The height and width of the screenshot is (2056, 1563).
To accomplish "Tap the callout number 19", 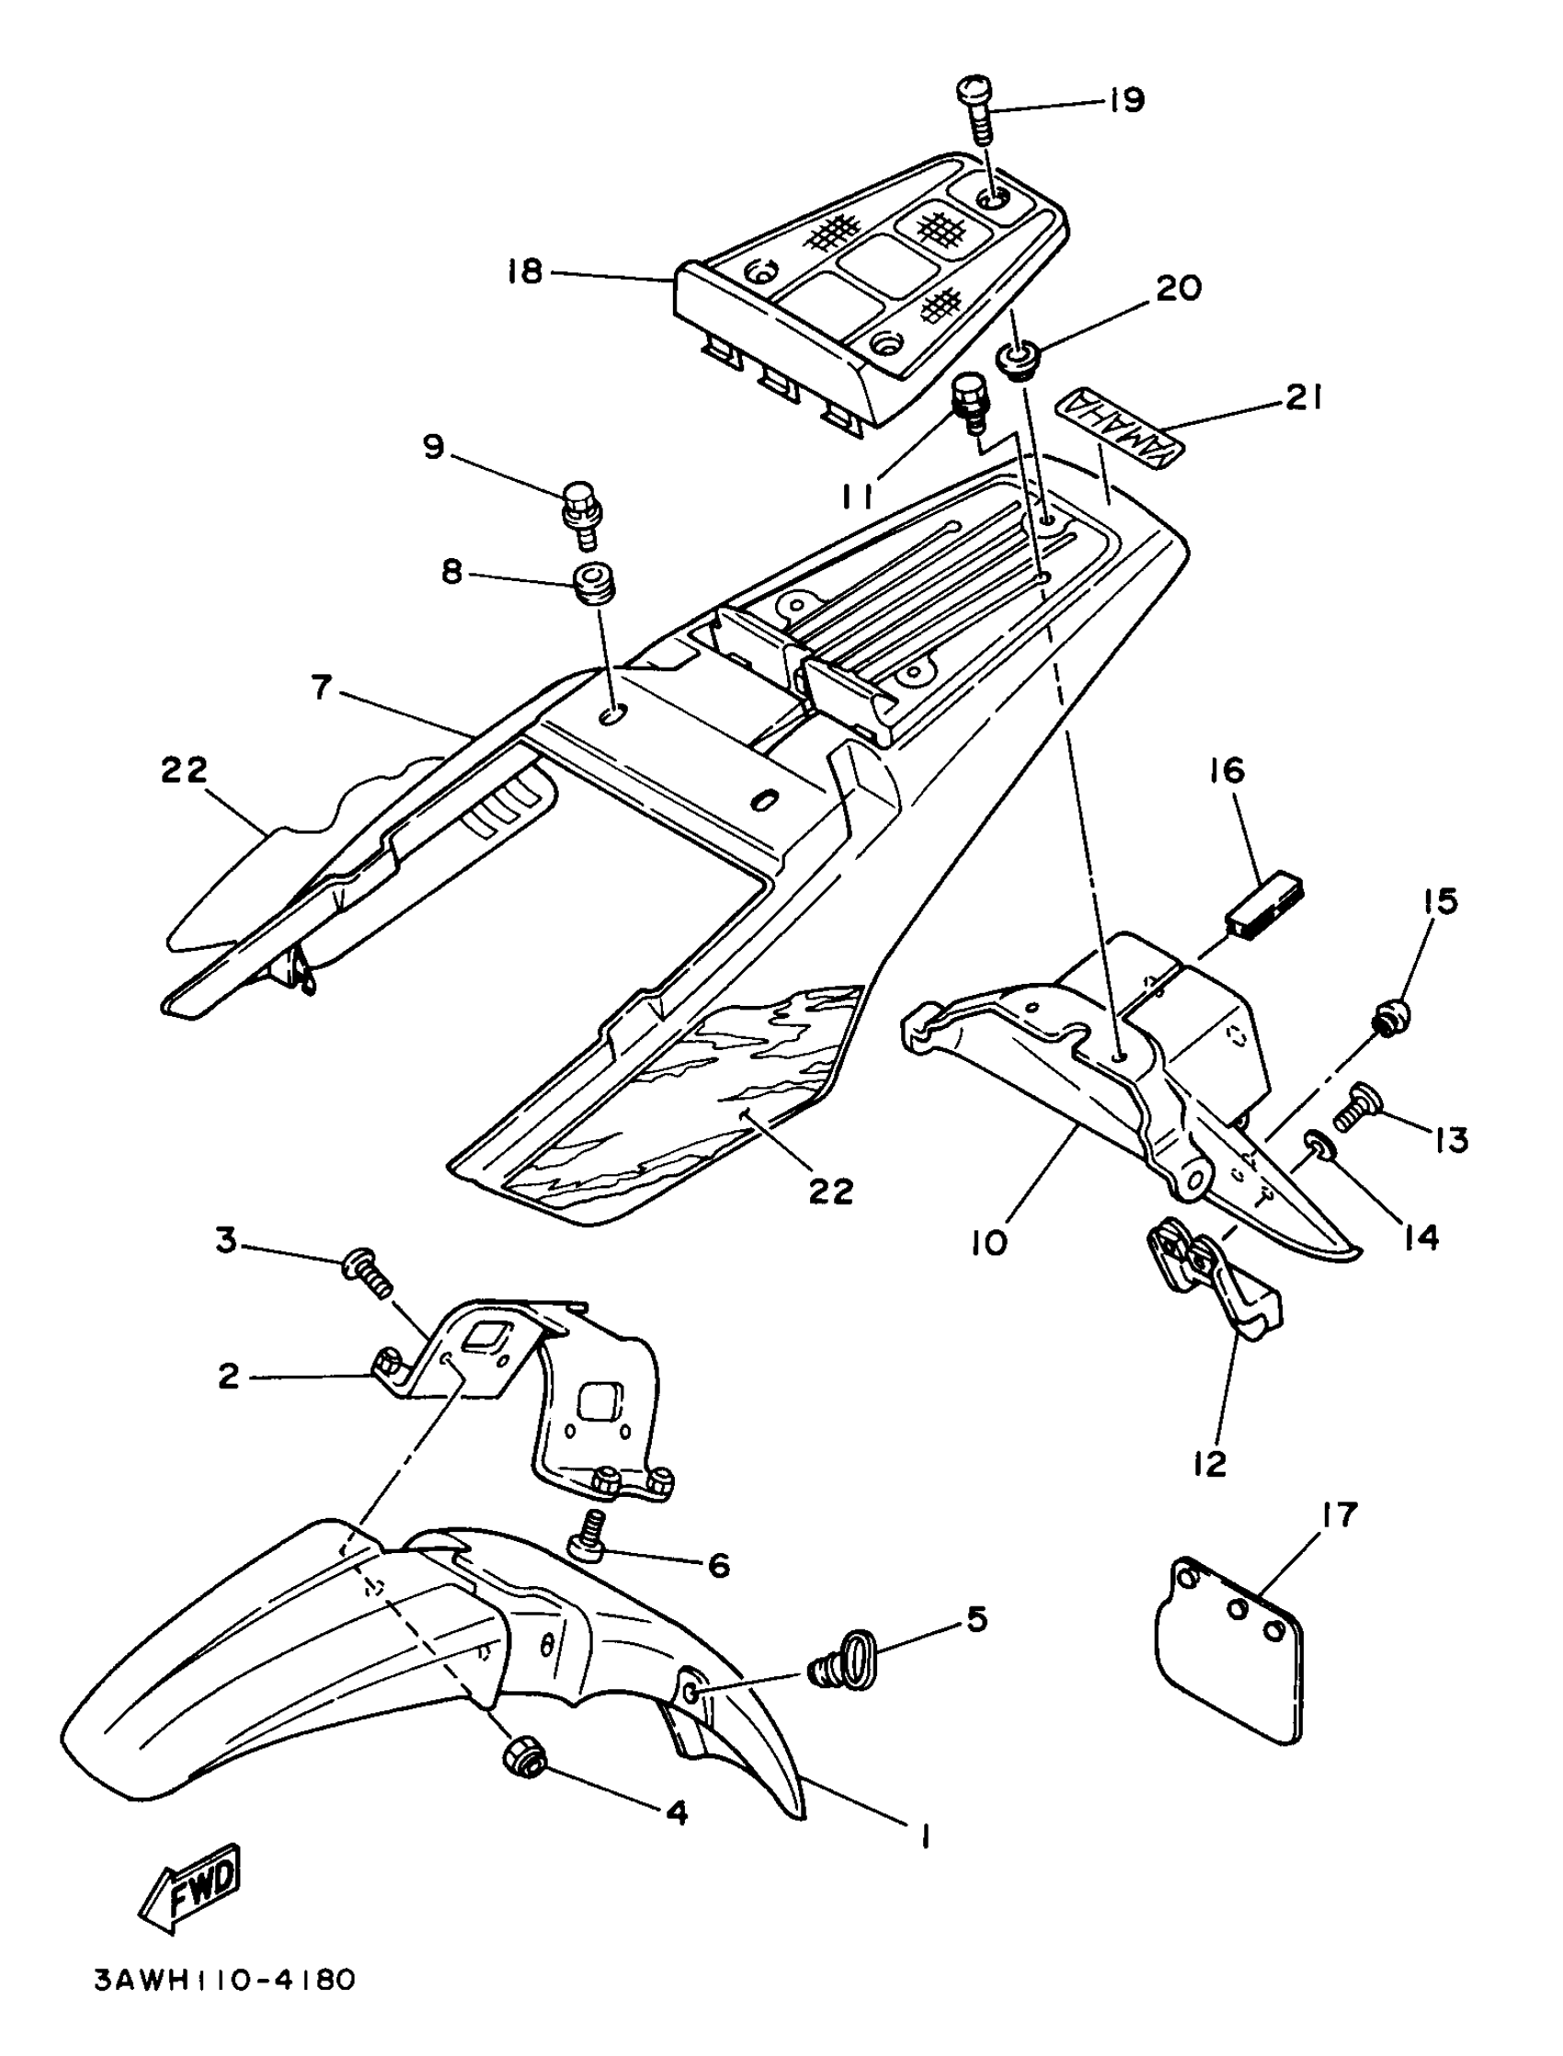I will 1126,99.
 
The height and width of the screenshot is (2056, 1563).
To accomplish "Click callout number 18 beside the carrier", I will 525,272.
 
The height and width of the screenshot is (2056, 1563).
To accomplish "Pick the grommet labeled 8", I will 589,583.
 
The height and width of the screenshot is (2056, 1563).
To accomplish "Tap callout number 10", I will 989,1243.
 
